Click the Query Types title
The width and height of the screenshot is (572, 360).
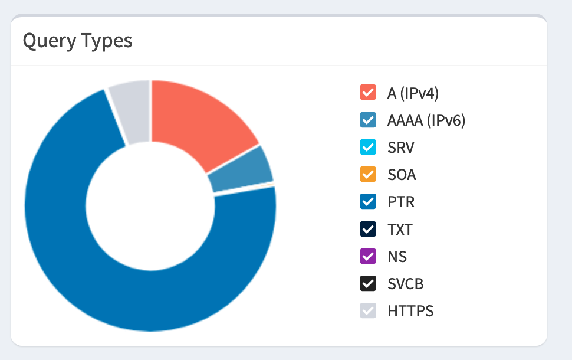tap(77, 41)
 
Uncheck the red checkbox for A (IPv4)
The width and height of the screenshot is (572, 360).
tap(368, 93)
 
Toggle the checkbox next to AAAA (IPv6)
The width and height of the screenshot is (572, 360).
tap(368, 120)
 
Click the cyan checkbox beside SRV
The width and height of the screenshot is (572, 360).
tap(368, 147)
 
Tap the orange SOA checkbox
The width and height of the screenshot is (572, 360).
tap(368, 175)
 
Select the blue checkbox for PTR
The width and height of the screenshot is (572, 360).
tap(368, 202)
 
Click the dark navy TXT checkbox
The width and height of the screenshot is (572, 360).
tap(368, 229)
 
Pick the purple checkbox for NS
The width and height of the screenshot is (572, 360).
tap(368, 257)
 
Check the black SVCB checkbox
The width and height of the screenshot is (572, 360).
tap(368, 284)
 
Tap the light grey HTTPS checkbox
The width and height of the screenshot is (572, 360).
tap(368, 311)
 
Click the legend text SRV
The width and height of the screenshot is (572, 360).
tap(401, 147)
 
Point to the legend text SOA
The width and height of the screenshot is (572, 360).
tap(402, 175)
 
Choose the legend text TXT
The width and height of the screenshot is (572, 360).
tap(400, 229)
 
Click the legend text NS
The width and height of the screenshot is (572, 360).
tap(397, 257)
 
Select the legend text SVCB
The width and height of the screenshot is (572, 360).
tap(406, 284)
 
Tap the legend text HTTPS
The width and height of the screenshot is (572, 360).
tap(410, 311)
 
